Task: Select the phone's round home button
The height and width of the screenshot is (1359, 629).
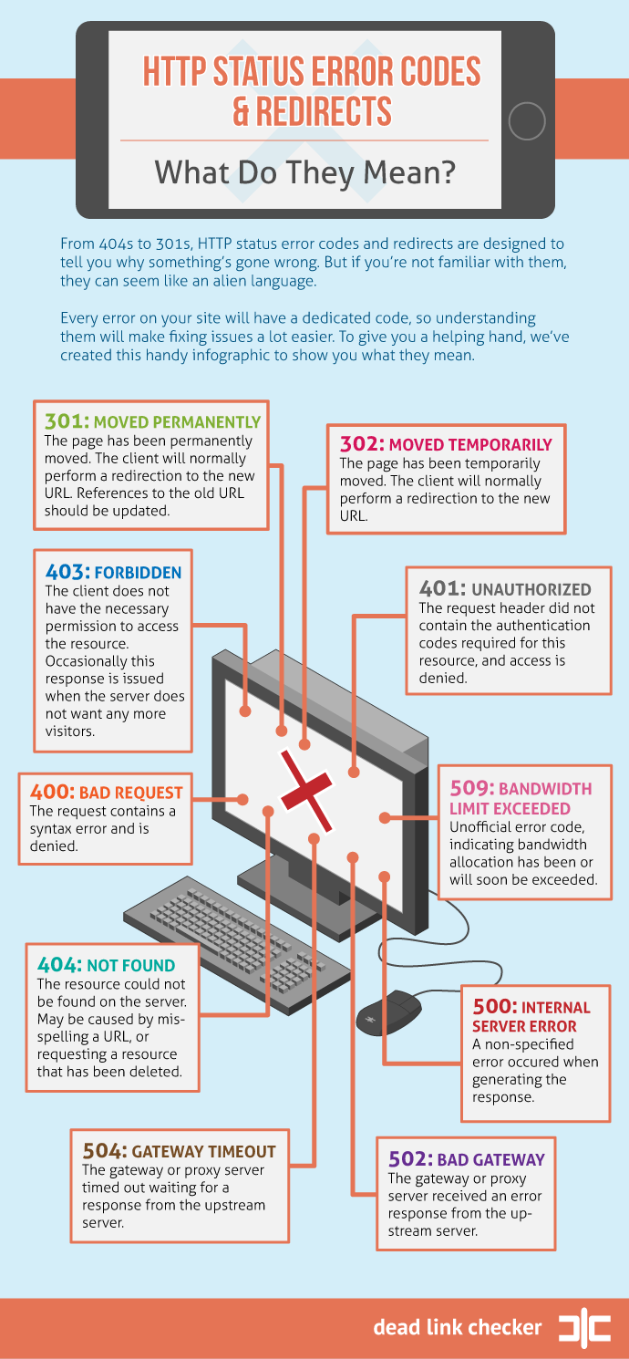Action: [527, 121]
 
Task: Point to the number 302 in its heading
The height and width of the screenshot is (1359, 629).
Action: [362, 443]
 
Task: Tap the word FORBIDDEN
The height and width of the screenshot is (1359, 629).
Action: [139, 573]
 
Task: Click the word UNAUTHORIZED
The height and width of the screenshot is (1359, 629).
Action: [531, 590]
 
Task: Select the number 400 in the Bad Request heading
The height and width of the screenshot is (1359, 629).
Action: [52, 792]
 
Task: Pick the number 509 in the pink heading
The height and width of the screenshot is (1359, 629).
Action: [472, 788]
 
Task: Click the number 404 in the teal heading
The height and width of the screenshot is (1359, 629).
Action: [59, 965]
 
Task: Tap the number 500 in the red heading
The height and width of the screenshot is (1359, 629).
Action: [495, 1007]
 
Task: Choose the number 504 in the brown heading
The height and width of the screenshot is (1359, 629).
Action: [105, 1150]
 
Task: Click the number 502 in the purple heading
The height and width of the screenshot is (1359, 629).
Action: [410, 1158]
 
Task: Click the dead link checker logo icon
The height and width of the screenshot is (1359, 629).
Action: [584, 1328]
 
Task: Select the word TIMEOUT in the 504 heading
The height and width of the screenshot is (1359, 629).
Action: [242, 1152]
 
